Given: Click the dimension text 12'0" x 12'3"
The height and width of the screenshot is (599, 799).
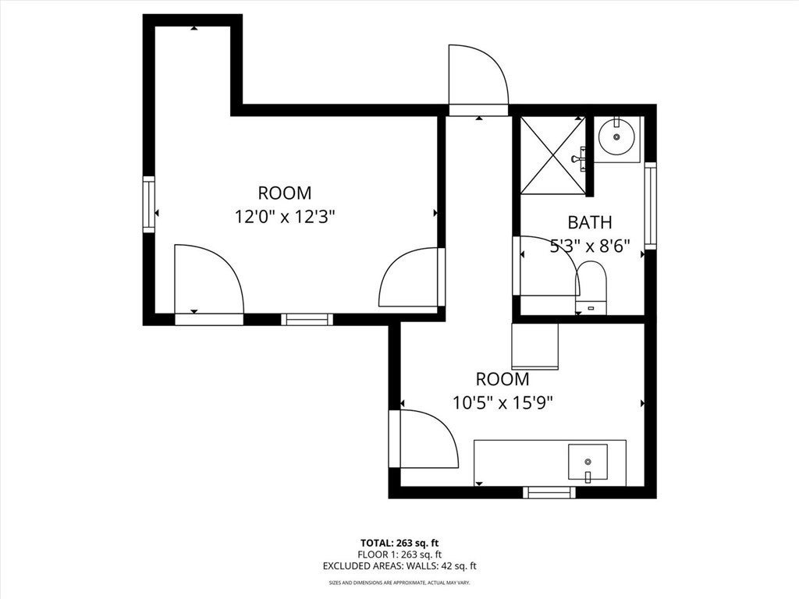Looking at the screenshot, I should coord(284,216).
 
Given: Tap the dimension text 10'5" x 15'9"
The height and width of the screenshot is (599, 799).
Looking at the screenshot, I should coord(502,402).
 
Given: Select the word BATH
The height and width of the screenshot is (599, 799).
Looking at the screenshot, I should coord(589,222).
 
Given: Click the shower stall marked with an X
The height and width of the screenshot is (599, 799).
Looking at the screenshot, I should coord(552,154).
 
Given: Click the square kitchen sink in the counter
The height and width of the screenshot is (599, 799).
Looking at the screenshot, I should coord(587,463).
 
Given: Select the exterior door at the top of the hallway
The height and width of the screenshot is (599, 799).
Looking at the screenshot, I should coord(478,78).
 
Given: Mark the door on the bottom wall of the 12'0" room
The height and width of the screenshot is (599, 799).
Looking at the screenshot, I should coord(208,282).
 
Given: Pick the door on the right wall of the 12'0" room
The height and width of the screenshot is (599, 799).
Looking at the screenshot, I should coord(410,278).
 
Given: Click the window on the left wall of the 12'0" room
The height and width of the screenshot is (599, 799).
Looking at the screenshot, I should coord(148,204).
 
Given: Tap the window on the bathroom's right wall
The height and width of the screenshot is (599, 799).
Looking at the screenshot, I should coord(650,205).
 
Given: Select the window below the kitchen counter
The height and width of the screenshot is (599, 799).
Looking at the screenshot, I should coord(549,492).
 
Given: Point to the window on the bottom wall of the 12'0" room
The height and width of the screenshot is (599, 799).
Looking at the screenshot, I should coord(307,319).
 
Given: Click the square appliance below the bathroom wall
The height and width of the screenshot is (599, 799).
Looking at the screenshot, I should coord(534,346).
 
